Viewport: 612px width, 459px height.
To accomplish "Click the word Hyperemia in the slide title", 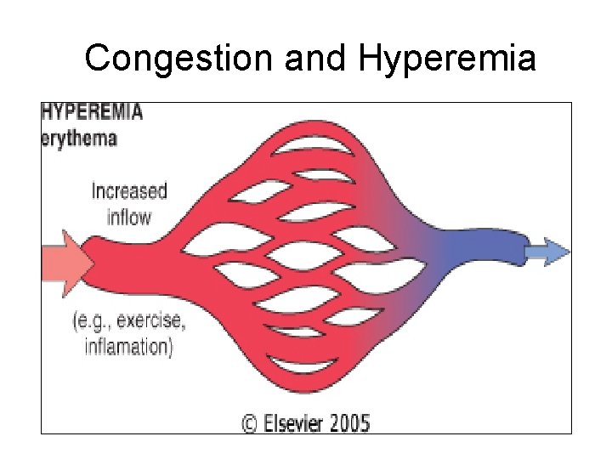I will tap(447, 59).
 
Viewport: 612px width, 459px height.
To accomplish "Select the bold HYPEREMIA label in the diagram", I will tap(93, 111).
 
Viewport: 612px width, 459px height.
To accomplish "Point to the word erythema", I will tap(80, 139).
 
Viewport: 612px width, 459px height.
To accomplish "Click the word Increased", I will tap(129, 191).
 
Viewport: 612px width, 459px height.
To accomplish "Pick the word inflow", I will tap(129, 217).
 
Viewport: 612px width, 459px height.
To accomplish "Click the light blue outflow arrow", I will tap(547, 251).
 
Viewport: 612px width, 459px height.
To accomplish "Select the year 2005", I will tap(349, 422).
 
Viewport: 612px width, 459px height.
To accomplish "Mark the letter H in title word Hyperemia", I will tap(372, 59).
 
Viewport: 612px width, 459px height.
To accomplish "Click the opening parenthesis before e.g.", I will tap(77, 322).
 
